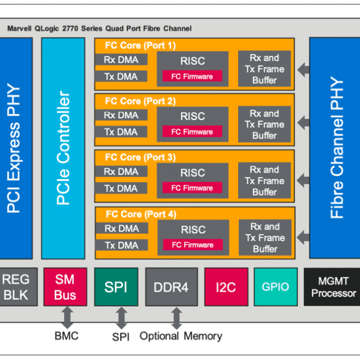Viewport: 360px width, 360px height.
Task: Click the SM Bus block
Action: (x=65, y=287)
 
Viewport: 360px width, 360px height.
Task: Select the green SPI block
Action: (x=116, y=287)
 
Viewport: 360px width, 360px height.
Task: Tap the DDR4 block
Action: (x=172, y=287)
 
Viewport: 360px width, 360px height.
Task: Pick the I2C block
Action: (x=226, y=287)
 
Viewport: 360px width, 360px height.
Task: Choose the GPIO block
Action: (x=276, y=287)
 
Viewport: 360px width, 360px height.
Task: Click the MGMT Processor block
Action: (x=332, y=287)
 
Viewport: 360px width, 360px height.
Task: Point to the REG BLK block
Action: (x=18, y=287)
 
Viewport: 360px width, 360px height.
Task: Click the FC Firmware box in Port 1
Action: (x=192, y=76)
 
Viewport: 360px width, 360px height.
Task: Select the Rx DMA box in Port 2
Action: (x=121, y=115)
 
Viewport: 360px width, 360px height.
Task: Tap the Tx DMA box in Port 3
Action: (x=121, y=188)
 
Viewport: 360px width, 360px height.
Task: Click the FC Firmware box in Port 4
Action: (x=193, y=245)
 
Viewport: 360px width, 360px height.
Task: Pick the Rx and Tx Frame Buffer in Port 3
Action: (x=265, y=181)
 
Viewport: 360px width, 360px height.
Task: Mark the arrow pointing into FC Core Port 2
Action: (x=303, y=122)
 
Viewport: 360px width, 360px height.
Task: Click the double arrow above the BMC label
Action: (x=67, y=318)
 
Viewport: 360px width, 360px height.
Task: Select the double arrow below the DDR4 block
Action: (x=177, y=318)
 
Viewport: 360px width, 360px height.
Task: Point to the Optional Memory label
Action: (x=181, y=336)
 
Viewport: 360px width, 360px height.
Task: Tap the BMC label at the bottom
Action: (x=66, y=336)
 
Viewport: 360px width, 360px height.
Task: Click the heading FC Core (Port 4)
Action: (x=141, y=214)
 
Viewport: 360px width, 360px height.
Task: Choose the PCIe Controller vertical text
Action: (x=63, y=148)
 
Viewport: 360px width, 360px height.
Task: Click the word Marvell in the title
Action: (x=19, y=28)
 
